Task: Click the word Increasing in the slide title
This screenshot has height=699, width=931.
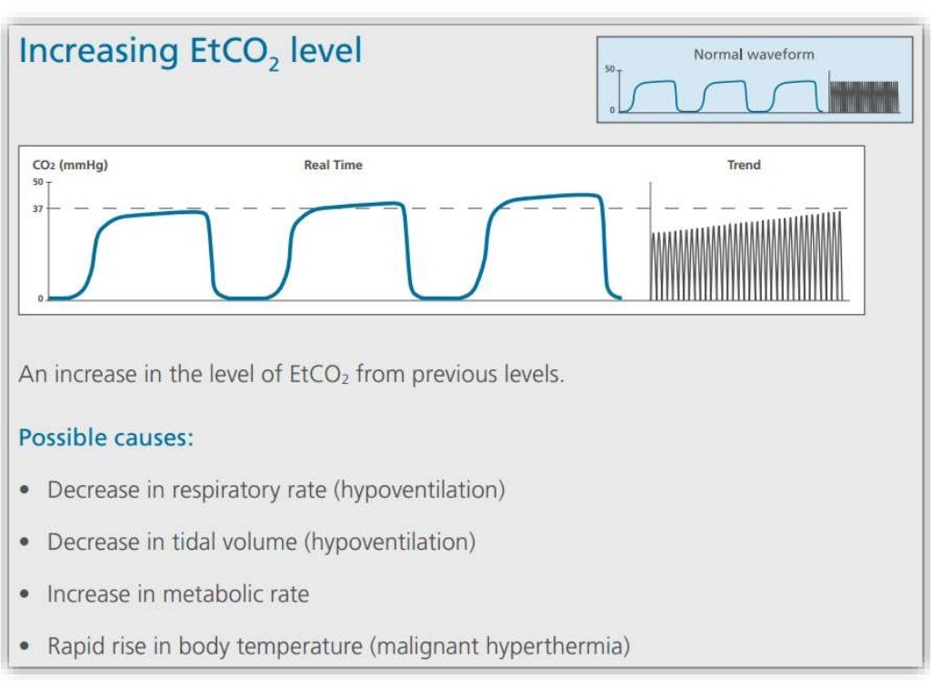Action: pyautogui.click(x=85, y=51)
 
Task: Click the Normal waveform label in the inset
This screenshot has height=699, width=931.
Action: pyautogui.click(x=754, y=55)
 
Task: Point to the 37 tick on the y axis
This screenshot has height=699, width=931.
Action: pyautogui.click(x=38, y=208)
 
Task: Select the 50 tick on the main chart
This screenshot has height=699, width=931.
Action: pyautogui.click(x=38, y=181)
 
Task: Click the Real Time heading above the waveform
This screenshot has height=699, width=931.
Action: pyautogui.click(x=333, y=166)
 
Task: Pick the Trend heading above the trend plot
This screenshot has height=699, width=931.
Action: pyautogui.click(x=744, y=166)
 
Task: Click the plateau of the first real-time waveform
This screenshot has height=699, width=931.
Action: pyautogui.click(x=155, y=215)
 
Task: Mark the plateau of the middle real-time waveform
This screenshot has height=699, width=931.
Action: pyautogui.click(x=350, y=208)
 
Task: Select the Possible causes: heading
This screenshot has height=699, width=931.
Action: pyautogui.click(x=105, y=438)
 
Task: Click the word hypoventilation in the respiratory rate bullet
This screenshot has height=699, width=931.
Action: pyautogui.click(x=419, y=490)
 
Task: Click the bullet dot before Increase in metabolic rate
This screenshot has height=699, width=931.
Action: pyautogui.click(x=28, y=595)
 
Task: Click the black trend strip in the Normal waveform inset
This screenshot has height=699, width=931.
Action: pyautogui.click(x=864, y=96)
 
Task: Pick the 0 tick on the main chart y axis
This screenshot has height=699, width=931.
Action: pyautogui.click(x=40, y=299)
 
